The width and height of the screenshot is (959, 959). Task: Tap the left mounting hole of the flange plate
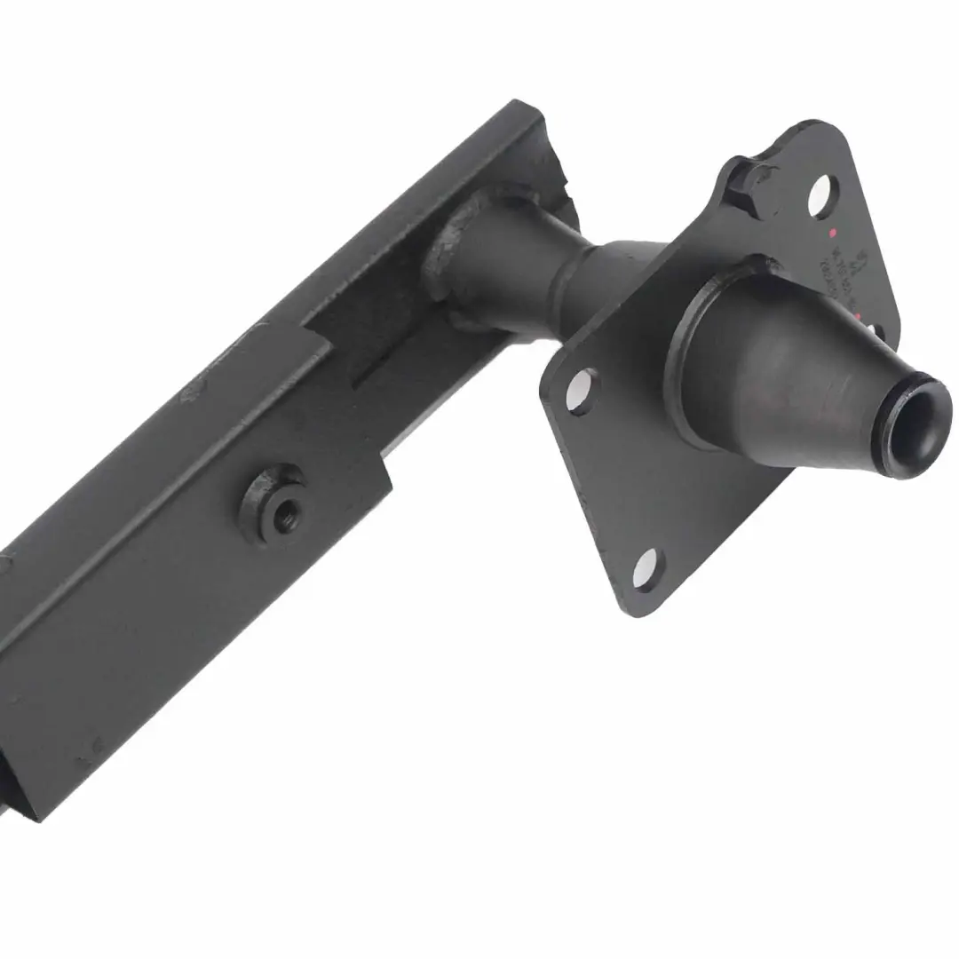click(x=581, y=391)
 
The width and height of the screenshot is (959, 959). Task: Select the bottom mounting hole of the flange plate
click(x=646, y=568)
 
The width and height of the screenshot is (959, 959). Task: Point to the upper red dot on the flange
click(x=832, y=233)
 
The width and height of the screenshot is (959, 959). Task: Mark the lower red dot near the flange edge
click(x=859, y=317)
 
